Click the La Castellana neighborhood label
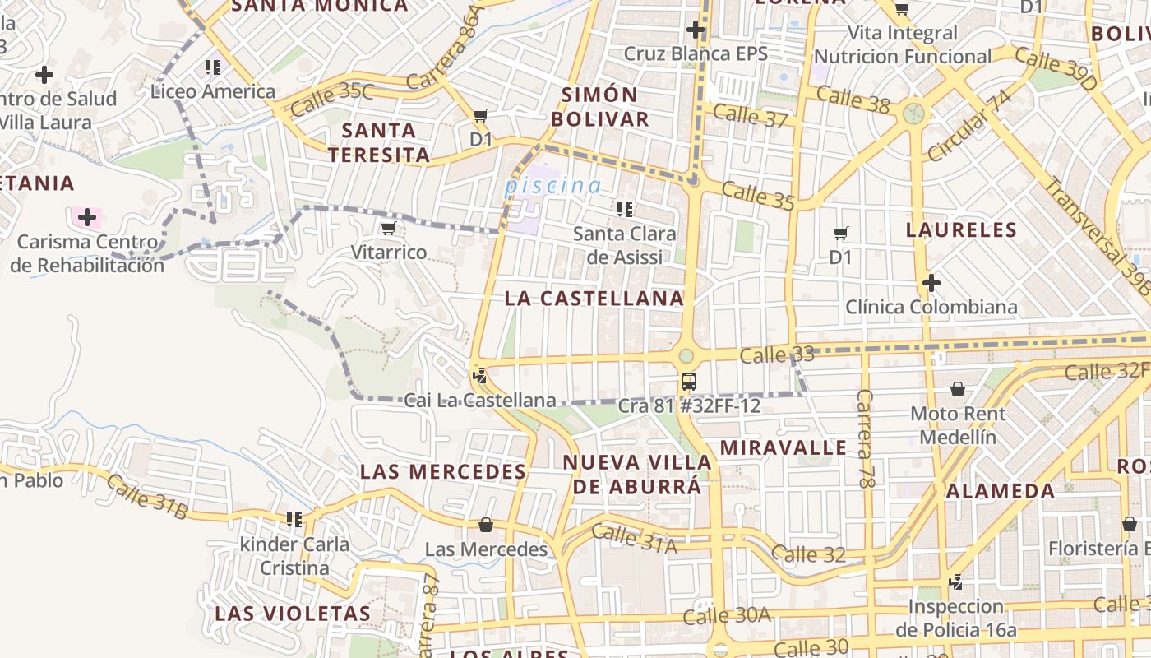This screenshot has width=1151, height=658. point(594,299)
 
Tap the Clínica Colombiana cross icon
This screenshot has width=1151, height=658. point(931,284)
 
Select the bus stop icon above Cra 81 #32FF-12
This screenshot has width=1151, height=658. point(689,382)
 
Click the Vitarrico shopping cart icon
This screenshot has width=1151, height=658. point(388,229)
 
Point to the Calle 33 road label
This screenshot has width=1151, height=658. point(776,355)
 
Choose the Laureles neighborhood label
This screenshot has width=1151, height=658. point(961,229)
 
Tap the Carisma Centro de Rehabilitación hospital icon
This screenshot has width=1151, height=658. point(86,218)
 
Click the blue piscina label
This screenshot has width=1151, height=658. point(552,186)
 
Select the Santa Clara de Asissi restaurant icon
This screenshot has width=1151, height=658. point(624,210)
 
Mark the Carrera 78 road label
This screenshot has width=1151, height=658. point(865,438)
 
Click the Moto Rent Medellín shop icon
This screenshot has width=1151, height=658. point(957,389)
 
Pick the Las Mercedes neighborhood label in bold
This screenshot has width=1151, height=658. point(443,472)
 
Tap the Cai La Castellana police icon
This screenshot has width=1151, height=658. point(479,377)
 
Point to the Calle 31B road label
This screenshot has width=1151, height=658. point(147,498)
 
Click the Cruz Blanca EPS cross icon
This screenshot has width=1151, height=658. point(696,30)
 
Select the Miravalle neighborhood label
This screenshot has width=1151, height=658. point(783,447)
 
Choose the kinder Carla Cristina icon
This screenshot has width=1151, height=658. point(294,520)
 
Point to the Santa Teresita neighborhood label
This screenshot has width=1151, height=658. point(379,142)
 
